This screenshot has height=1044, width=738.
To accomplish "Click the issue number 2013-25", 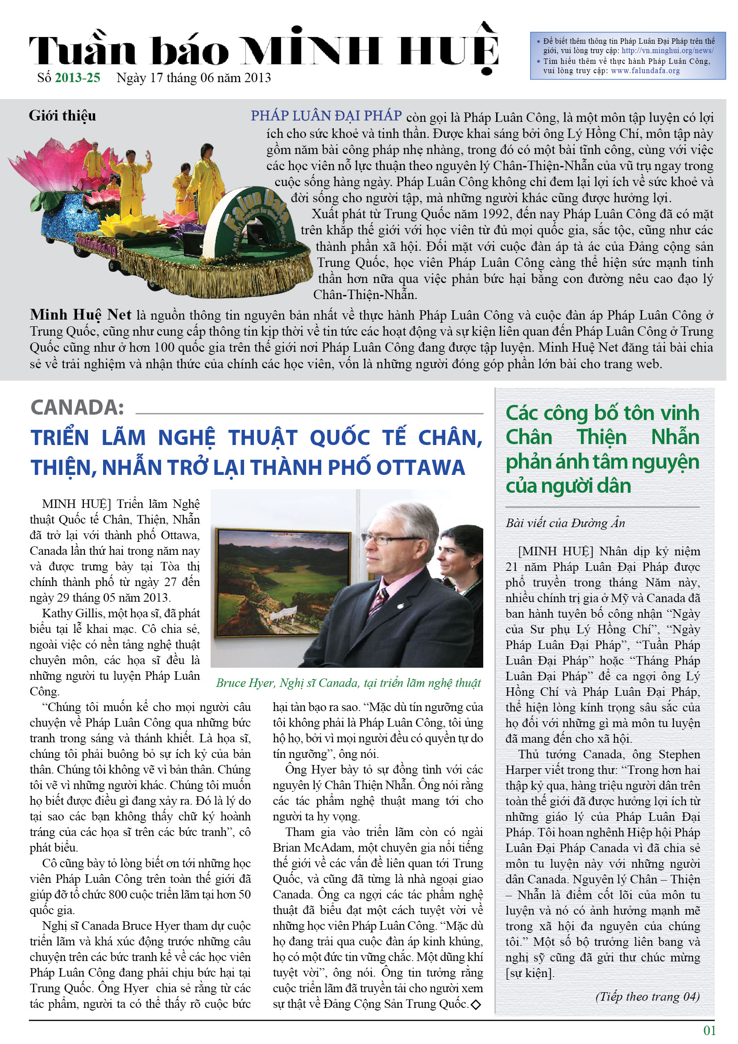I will pos(77,78).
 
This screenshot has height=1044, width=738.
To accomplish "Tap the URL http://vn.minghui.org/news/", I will pos(667,50).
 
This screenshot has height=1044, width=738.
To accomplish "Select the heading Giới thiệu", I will pos(62,116).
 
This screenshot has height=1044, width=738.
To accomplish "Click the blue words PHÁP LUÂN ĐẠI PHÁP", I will pos(326,116).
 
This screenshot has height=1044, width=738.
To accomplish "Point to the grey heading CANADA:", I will pos(77,408).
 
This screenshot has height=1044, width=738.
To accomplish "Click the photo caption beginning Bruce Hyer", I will pos(348,683).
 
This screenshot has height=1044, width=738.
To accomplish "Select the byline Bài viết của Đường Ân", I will pos(565,523).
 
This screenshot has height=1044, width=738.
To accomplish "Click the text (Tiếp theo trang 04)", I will pos(647,997).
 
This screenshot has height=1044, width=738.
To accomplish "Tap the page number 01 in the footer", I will pos(709,1031).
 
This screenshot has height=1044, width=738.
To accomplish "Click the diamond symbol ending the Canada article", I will pos(476,1005).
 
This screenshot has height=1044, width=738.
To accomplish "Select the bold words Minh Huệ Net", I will pos(80,315).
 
